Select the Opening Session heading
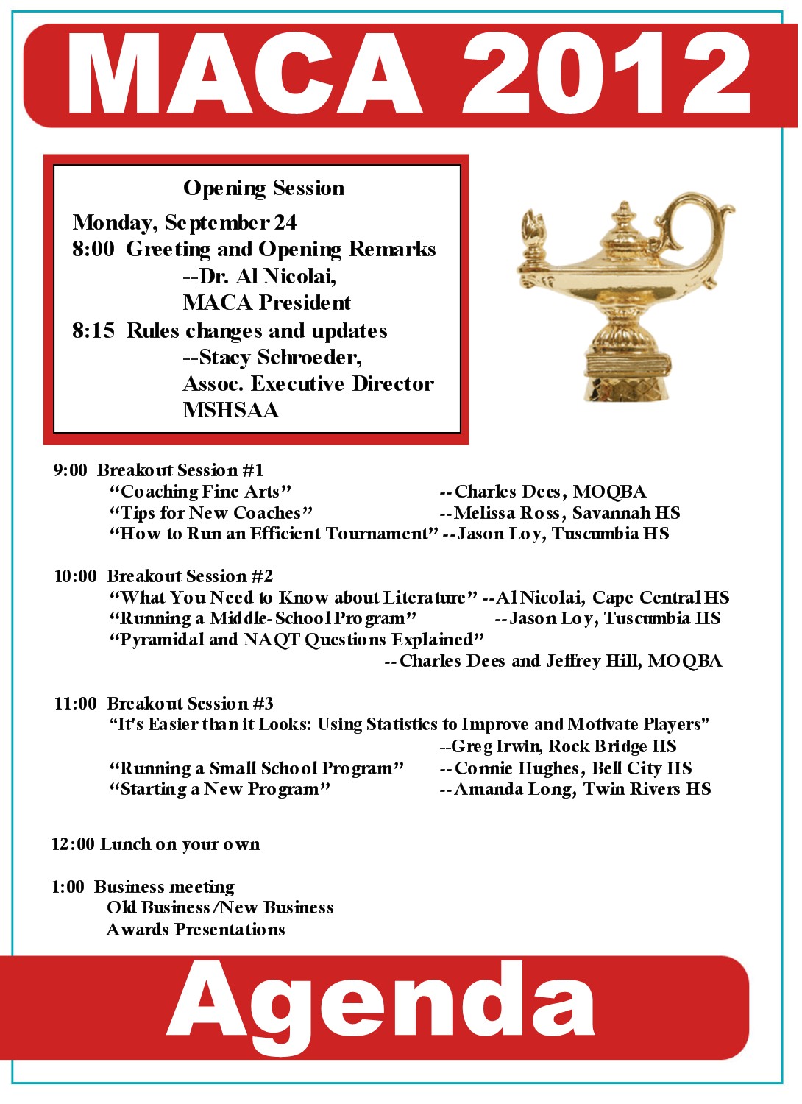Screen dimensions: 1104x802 (263, 188)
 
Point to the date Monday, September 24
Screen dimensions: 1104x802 (185, 222)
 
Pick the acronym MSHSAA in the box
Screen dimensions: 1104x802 (231, 411)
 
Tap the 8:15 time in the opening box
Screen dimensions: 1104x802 (93, 331)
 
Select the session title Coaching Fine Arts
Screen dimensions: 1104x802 (200, 492)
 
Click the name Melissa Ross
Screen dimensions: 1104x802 (508, 513)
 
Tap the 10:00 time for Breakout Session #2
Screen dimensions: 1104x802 (75, 576)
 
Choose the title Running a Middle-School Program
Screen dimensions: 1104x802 (263, 618)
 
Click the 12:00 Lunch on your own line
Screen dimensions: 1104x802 (155, 844)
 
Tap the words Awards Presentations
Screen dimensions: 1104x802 (196, 930)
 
